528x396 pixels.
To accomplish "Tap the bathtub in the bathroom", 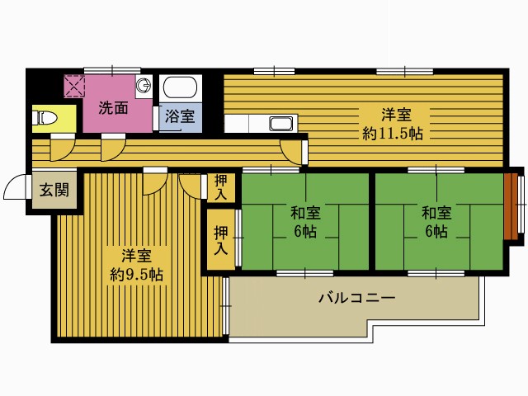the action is (180, 87).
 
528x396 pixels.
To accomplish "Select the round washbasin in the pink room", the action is (144, 86).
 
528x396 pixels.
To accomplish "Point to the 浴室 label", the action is (180, 115).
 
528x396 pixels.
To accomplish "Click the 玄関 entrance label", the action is (54, 190).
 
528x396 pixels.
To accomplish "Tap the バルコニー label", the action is (357, 298).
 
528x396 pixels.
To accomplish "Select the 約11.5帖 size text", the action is (393, 134).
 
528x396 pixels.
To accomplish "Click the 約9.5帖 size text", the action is (137, 275).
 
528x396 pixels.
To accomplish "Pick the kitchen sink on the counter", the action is (280, 124).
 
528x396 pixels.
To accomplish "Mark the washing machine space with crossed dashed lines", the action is (74, 86).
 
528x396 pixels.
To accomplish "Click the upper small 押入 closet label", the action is (220, 187).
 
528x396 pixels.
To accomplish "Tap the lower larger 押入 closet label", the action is (221, 240).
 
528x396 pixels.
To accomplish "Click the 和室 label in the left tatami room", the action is (305, 213).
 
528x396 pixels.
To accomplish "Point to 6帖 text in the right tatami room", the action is (436, 231).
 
